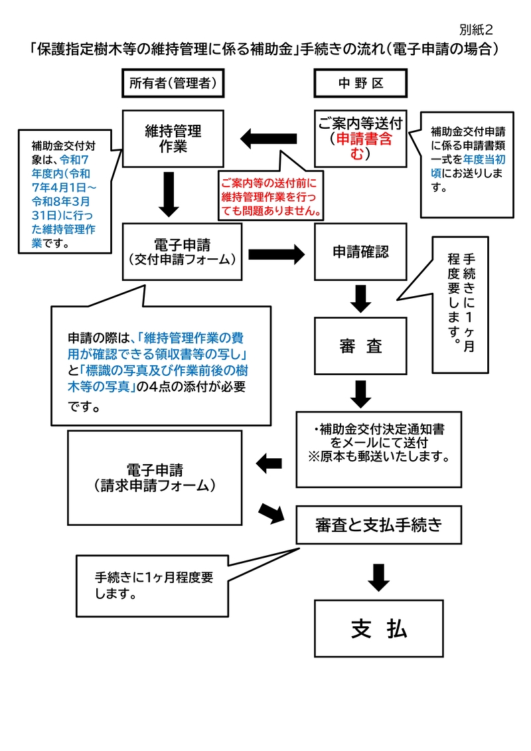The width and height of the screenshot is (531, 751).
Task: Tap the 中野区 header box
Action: point(360,83)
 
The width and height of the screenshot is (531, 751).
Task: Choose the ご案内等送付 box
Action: point(360,138)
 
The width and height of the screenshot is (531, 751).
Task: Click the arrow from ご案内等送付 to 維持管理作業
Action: point(268,139)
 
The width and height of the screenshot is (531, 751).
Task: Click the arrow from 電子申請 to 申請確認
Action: point(275,253)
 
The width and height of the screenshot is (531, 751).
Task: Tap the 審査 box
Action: point(360,346)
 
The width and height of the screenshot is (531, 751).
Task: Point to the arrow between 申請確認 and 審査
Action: point(360,298)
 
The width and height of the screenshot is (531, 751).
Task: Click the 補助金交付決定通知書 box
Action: point(378,449)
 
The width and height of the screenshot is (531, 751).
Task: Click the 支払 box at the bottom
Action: point(378,628)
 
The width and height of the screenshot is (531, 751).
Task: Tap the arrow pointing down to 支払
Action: point(378,576)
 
